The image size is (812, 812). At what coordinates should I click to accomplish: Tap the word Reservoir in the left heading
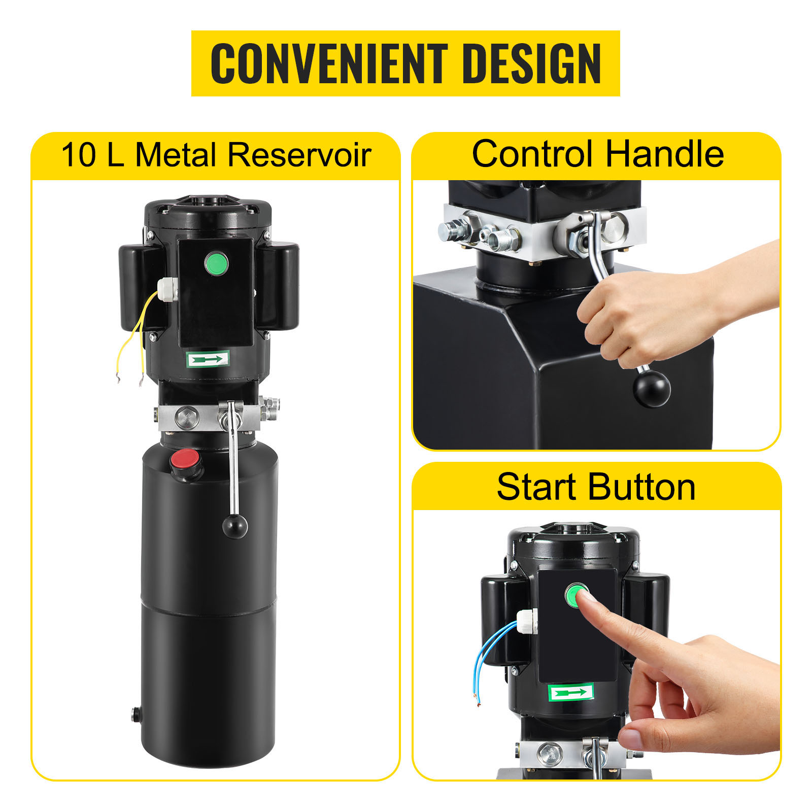point(299,154)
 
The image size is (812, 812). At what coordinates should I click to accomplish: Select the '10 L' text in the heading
point(92,154)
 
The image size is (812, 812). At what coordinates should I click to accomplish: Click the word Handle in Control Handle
point(665,154)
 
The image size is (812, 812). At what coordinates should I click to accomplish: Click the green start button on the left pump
point(217,263)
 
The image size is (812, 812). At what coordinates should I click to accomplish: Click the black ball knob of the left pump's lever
point(235,526)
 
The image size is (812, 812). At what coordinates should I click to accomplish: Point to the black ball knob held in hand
point(652,389)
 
